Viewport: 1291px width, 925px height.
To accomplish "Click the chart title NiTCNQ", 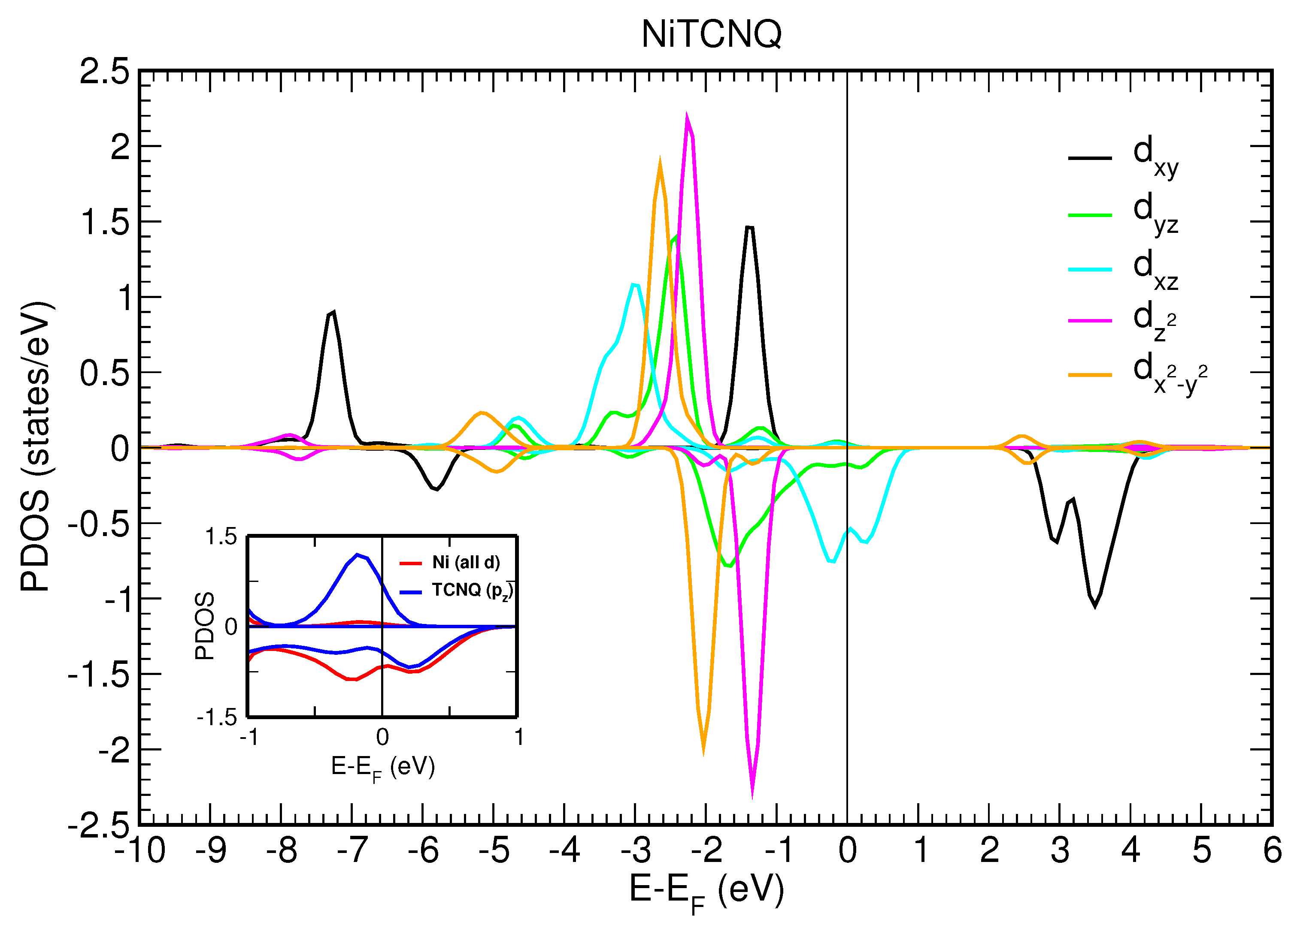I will tap(711, 34).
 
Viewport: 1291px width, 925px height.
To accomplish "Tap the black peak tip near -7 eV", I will tap(333, 312).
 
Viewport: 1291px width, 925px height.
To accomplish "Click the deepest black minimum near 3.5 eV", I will tap(1094, 606).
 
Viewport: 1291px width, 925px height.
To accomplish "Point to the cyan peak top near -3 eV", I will tap(633, 284).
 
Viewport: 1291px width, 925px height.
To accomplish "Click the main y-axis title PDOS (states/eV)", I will tap(36, 446).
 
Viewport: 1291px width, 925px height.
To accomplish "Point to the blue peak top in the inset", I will tap(358, 554).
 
